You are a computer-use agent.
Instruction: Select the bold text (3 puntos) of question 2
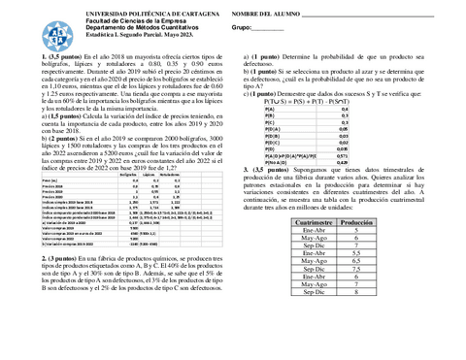34,260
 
